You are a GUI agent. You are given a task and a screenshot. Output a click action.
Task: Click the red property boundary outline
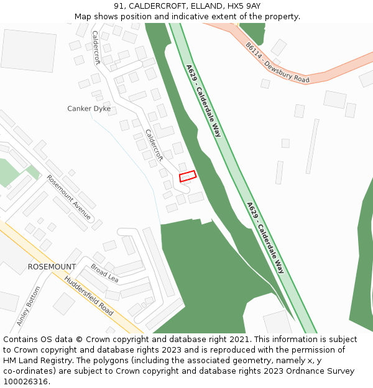tap(188, 176)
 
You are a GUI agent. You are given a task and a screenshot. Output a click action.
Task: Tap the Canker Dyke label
tap(89, 109)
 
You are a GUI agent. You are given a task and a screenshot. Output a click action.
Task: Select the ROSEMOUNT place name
tap(52, 267)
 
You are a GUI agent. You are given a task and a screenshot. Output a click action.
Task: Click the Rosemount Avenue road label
tap(69, 197)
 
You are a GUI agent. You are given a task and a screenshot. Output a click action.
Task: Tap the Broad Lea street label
tap(104, 273)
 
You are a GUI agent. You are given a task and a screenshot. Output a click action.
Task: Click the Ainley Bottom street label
tap(29, 306)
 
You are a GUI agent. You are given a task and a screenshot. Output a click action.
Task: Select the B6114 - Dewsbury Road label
tap(277, 63)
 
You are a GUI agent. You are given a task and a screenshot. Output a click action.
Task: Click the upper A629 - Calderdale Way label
tap(203, 101)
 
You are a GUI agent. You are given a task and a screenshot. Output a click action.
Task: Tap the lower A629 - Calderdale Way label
tap(265, 238)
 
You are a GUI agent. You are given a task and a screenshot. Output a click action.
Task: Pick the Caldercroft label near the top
tap(96, 47)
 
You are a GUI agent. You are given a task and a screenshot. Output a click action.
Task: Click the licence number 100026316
tap(26, 382)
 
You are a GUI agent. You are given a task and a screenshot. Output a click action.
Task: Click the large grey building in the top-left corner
tap(29, 50)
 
